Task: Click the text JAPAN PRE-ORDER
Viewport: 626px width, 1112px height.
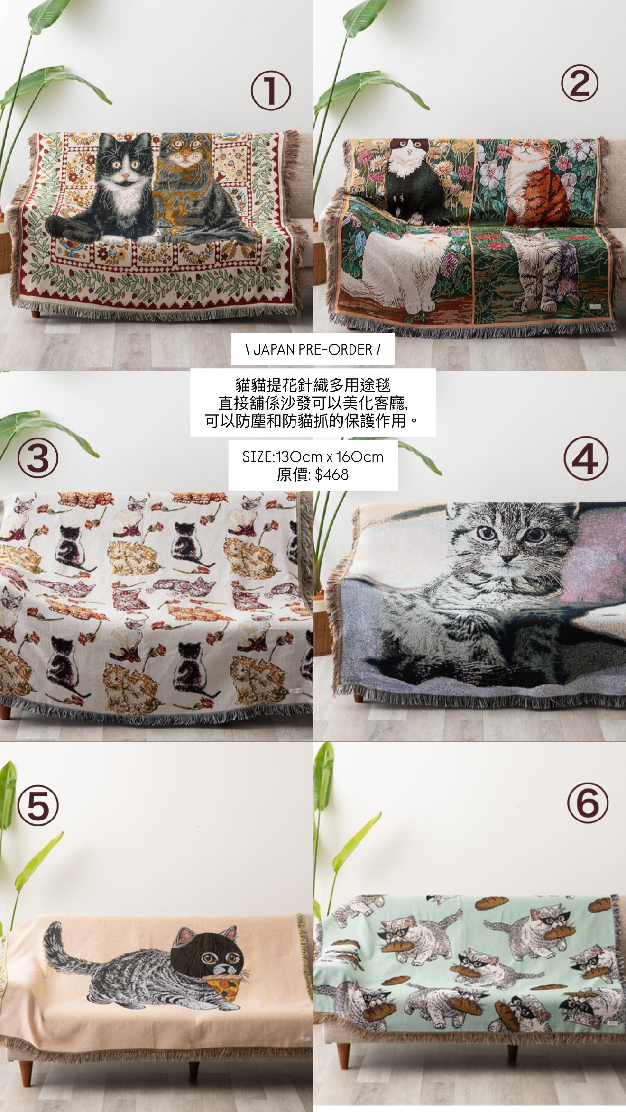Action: (x=313, y=350)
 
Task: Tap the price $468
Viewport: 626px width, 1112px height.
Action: (x=331, y=474)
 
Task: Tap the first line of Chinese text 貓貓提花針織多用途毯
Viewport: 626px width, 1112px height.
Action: (x=313, y=384)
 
